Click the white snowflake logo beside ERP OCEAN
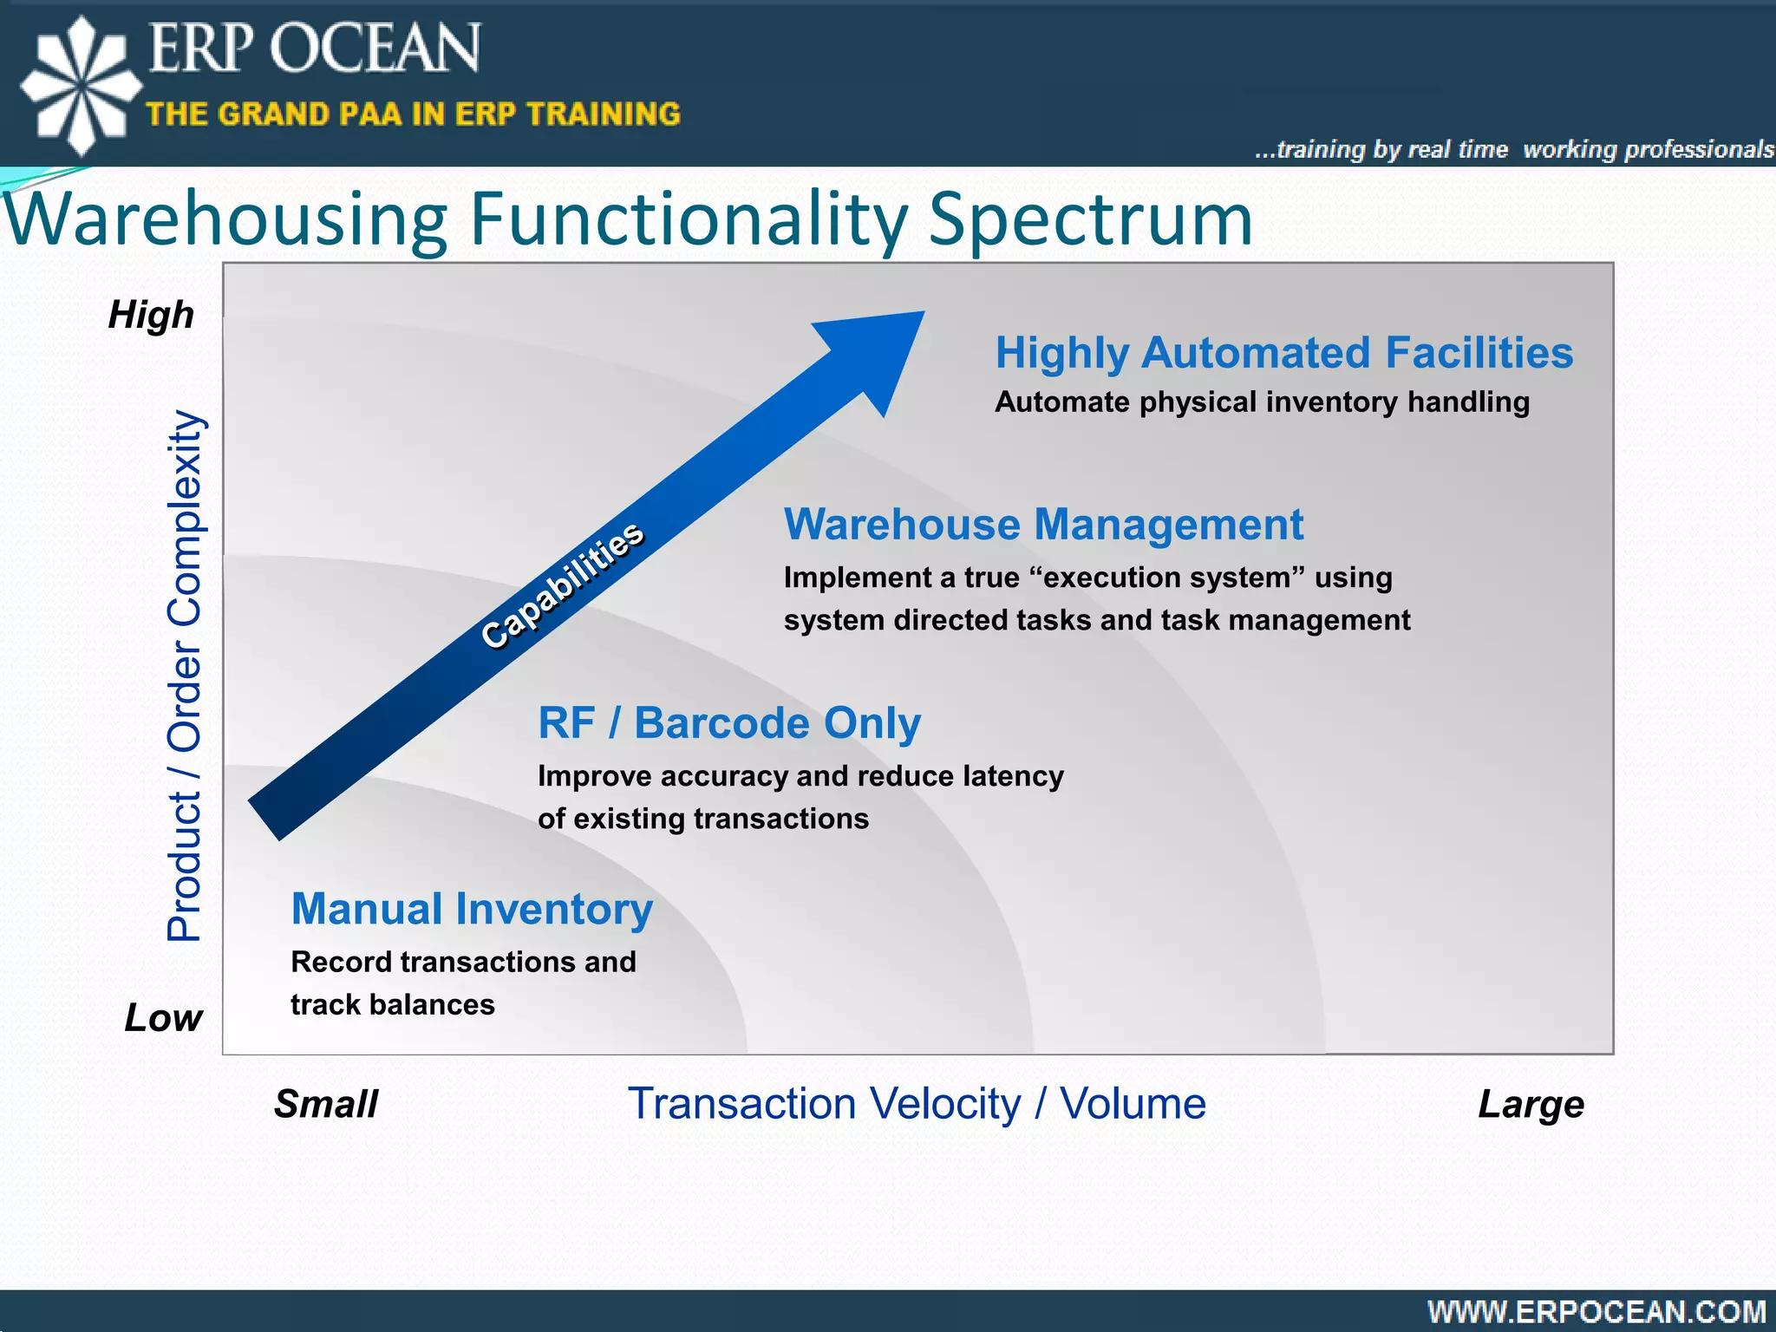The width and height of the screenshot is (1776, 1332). tap(81, 85)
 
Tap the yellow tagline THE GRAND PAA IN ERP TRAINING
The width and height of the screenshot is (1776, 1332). tap(413, 114)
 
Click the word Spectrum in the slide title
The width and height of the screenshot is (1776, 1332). tap(1090, 219)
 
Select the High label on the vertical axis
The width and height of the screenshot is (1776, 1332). tap(151, 315)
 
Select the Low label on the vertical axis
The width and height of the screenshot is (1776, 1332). tap(163, 1017)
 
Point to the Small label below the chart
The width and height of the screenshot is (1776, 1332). tap(326, 1104)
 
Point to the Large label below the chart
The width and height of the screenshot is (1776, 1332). tap(1531, 1104)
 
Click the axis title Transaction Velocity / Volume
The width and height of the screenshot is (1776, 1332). tap(917, 1104)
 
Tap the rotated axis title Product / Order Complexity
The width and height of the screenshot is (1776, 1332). tap(185, 676)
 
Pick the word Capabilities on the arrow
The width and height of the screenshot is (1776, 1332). tap(563, 584)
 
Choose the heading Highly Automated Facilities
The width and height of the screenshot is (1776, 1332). tap(1283, 353)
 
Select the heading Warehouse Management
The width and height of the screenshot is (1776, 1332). tap(1043, 525)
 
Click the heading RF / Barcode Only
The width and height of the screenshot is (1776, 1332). tap(728, 723)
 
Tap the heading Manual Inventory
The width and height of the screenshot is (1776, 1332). tap(472, 909)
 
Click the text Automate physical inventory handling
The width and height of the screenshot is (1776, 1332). tap(1262, 402)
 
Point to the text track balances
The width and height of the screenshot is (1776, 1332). tap(392, 1004)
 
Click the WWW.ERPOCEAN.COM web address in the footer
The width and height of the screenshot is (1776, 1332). tap(1596, 1311)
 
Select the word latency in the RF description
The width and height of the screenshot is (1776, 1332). tap(1013, 776)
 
